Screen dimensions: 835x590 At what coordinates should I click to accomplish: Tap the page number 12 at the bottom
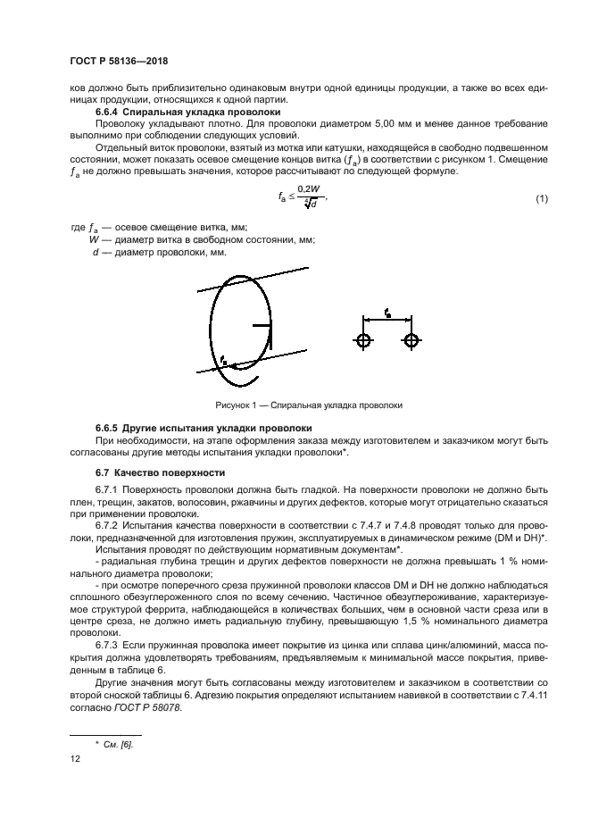point(75,758)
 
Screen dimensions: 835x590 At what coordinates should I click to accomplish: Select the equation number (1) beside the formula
point(541,198)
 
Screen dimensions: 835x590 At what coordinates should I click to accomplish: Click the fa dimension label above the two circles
point(386,313)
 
